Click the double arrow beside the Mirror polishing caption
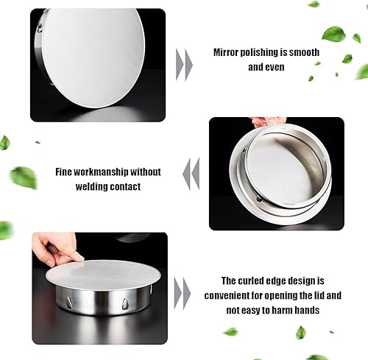pos(184,65)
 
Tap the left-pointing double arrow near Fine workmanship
pos(191,174)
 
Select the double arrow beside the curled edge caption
pos(183,294)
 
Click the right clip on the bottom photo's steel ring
pos(124,304)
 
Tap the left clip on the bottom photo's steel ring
pos(69,302)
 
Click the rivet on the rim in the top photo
pos(39,29)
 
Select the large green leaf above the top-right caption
pos(333,33)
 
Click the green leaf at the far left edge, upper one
pos(4,142)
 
